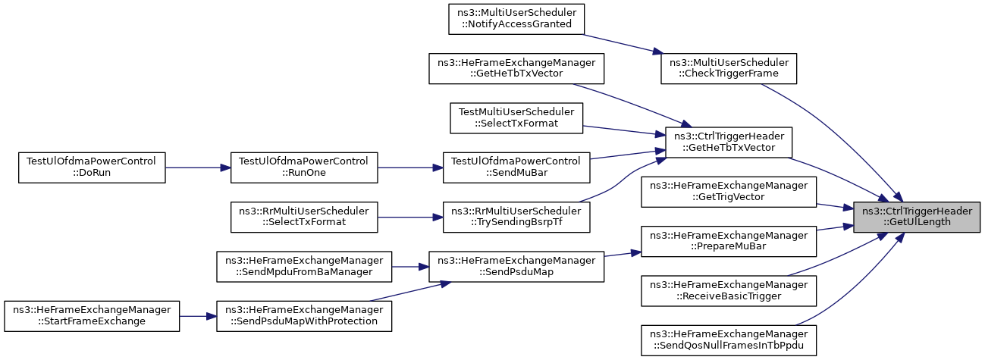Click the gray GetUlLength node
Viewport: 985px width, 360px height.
[917, 218]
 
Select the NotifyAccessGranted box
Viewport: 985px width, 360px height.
[516, 19]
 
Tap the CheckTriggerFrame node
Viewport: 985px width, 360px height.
[729, 68]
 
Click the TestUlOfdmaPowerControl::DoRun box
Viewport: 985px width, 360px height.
[92, 167]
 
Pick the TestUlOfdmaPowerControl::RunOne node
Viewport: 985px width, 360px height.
[304, 167]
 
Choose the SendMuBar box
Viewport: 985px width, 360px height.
[516, 167]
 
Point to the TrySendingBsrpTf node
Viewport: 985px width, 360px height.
[516, 218]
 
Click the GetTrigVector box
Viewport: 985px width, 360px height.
[729, 192]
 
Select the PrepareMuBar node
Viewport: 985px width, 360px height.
[729, 241]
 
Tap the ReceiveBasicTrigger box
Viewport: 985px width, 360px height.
[729, 291]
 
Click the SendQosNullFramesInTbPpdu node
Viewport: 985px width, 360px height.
[729, 340]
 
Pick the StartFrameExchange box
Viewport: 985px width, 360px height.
[92, 316]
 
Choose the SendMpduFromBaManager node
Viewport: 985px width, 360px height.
[304, 266]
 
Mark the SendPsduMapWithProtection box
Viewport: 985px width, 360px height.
[304, 316]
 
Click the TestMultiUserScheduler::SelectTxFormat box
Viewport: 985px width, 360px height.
[516, 117]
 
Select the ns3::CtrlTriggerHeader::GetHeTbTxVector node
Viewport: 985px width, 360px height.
[729, 142]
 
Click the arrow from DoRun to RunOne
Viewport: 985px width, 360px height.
[198, 167]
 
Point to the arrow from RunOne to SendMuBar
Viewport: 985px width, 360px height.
[410, 167]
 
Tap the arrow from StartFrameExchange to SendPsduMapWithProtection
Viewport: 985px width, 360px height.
[198, 316]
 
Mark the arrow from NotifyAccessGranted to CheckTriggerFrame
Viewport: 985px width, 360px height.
[623, 44]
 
